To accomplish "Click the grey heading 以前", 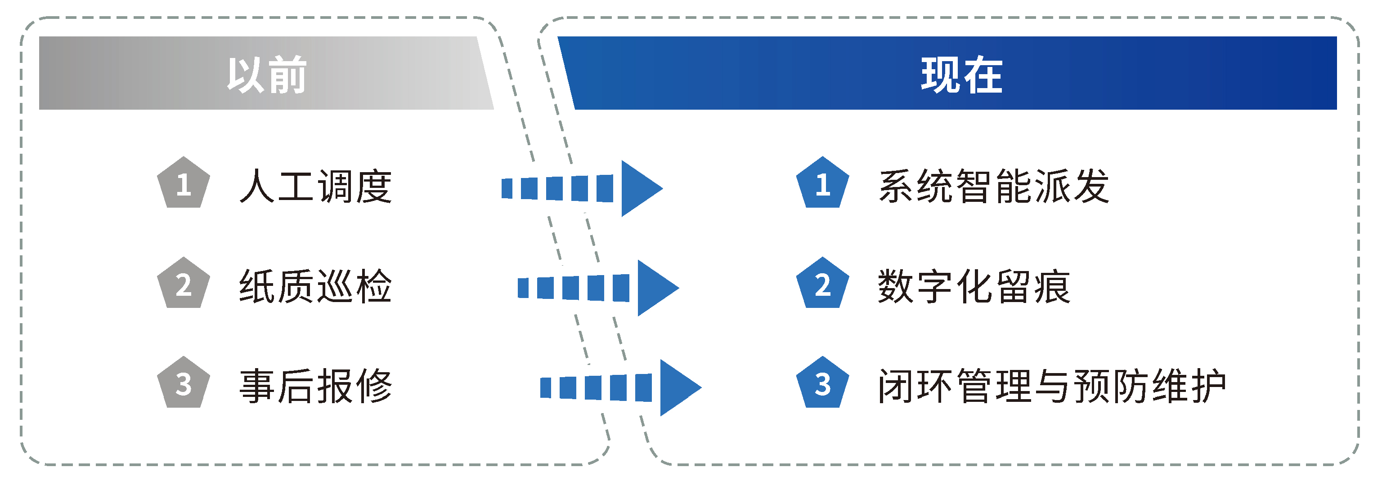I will coord(267,75).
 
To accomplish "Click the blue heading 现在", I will coord(961,75).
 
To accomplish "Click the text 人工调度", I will coord(315,187).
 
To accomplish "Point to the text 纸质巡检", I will coord(315,286).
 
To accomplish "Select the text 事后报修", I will coord(315,386).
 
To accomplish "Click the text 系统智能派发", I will coord(994,187).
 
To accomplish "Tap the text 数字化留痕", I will coord(974,286).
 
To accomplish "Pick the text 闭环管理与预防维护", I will coord(1052,386).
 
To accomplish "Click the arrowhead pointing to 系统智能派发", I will coord(639,188).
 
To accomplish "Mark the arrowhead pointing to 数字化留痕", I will coord(655,288).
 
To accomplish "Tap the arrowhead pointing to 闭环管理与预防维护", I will coord(677,387).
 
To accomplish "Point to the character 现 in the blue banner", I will coord(941,75).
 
